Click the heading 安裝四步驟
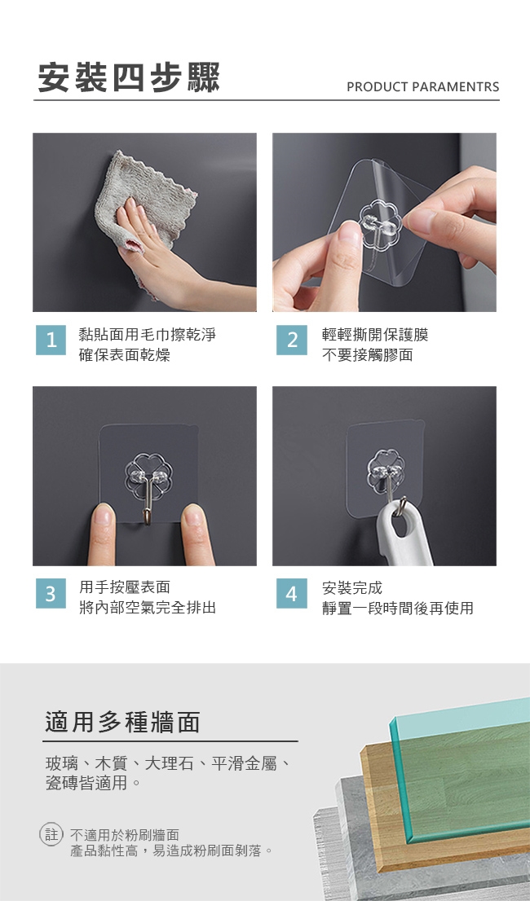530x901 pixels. (130, 77)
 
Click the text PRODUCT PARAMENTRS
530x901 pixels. (423, 87)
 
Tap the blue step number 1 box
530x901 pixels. (51, 341)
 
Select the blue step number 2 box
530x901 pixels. (291, 341)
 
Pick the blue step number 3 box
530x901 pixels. (51, 594)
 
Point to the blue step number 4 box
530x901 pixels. (291, 594)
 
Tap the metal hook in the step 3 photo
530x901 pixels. (148, 499)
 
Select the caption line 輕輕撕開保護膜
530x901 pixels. (375, 335)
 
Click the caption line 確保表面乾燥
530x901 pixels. (124, 354)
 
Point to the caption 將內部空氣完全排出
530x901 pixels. (147, 608)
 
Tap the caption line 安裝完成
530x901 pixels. (351, 588)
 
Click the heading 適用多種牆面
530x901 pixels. (122, 723)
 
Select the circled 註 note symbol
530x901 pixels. (51, 834)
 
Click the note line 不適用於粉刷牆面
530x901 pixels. (125, 834)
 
